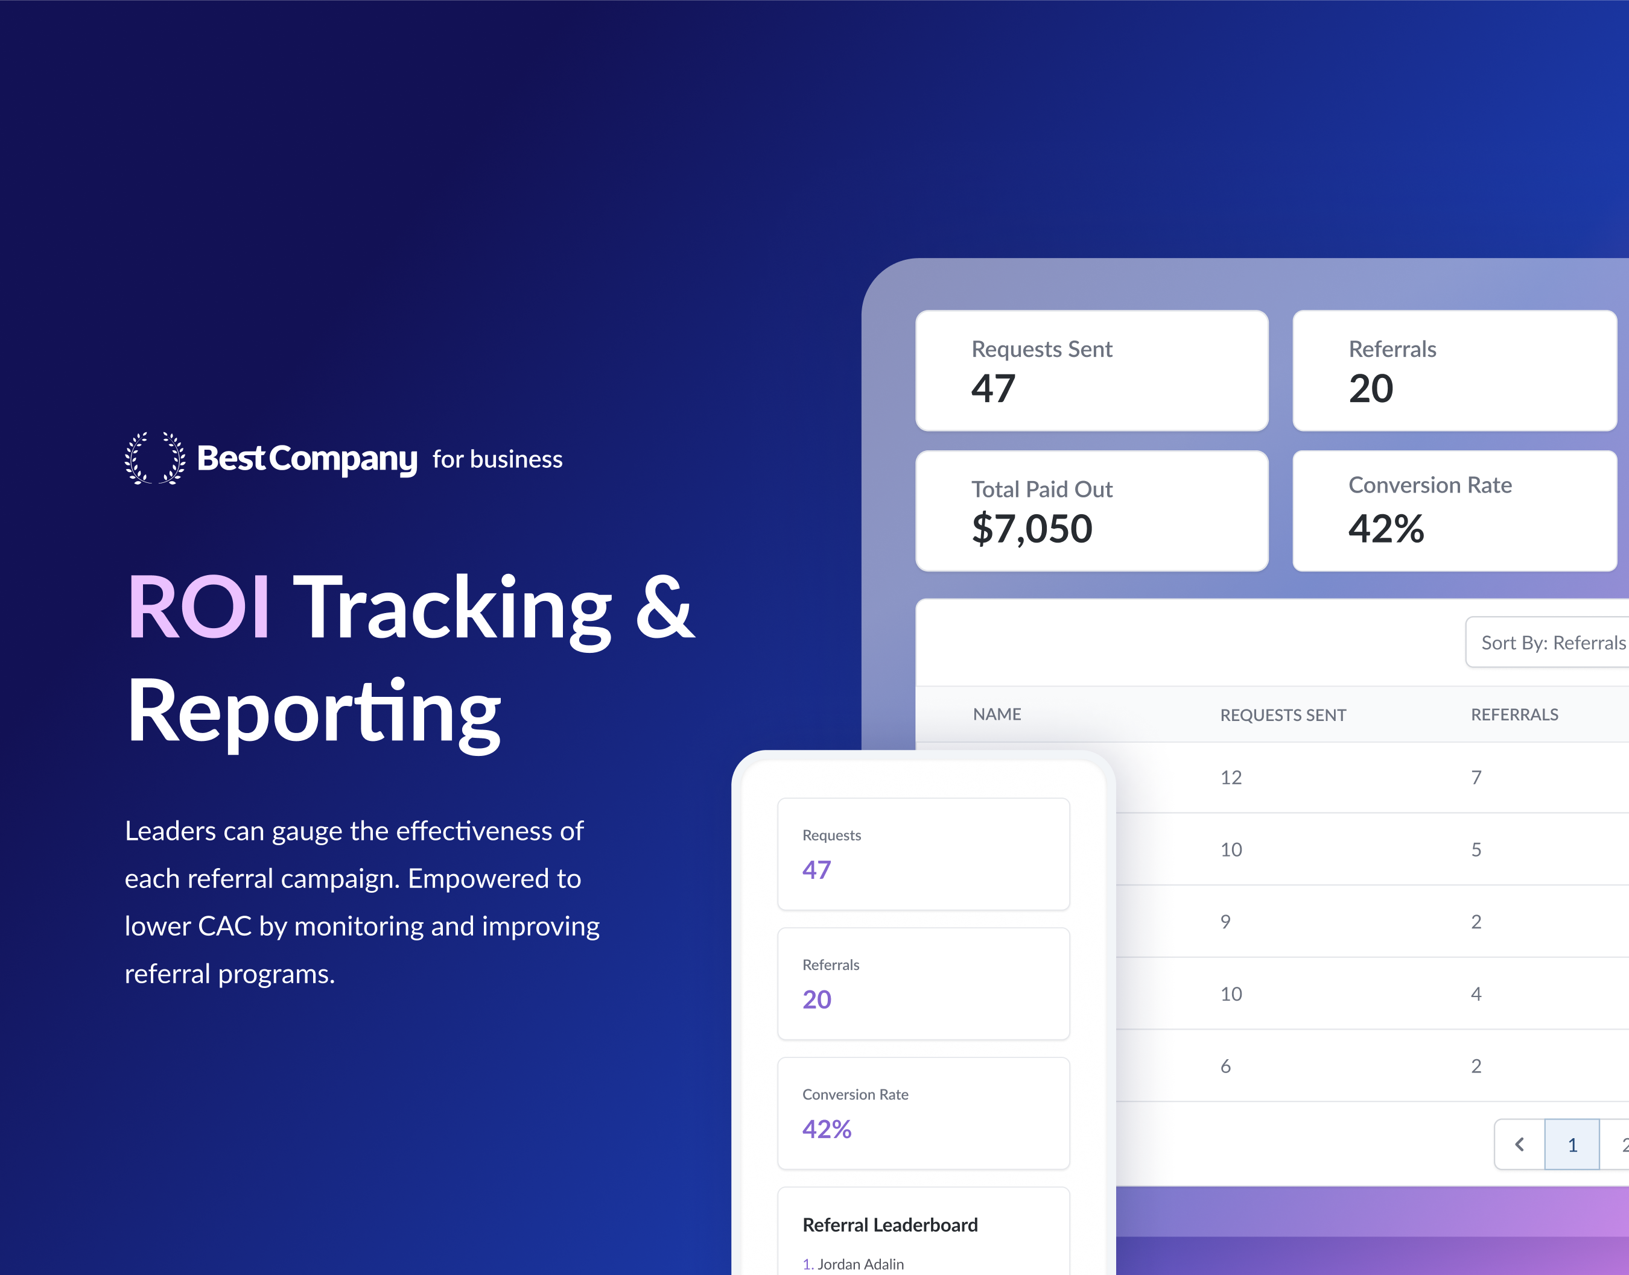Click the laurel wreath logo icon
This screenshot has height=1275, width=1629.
pyautogui.click(x=154, y=458)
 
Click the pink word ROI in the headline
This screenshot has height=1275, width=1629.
pyautogui.click(x=198, y=608)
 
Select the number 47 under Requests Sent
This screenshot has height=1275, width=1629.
pyautogui.click(x=993, y=389)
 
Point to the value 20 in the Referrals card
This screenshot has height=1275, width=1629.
pyautogui.click(x=1371, y=389)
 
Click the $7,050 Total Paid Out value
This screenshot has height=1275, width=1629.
pyautogui.click(x=1032, y=529)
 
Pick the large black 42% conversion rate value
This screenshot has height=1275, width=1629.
pyautogui.click(x=1386, y=529)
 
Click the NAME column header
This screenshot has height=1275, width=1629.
pyautogui.click(x=997, y=714)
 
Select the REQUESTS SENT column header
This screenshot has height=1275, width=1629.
pyautogui.click(x=1283, y=715)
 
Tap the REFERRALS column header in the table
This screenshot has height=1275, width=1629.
pyautogui.click(x=1515, y=714)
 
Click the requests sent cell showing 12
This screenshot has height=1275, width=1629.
pyautogui.click(x=1231, y=778)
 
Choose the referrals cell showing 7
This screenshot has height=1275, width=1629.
pyautogui.click(x=1476, y=778)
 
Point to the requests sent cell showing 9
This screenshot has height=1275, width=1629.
pyautogui.click(x=1225, y=922)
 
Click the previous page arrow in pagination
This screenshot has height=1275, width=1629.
pyautogui.click(x=1519, y=1144)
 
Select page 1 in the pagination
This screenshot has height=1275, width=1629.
pyautogui.click(x=1572, y=1144)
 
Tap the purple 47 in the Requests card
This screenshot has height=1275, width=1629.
pyautogui.click(x=816, y=870)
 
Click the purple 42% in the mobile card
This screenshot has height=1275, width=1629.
pyautogui.click(x=827, y=1129)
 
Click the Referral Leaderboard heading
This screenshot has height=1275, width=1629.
pyautogui.click(x=889, y=1225)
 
